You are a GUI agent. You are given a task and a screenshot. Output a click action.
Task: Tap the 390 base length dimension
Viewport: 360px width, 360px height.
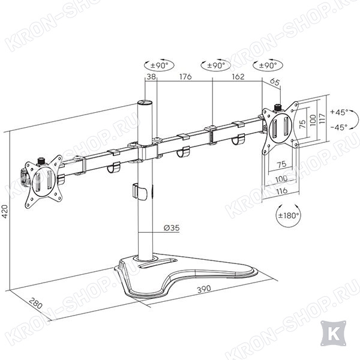[204, 289]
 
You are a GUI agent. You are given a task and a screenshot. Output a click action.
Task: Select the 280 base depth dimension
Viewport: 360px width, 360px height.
[36, 303]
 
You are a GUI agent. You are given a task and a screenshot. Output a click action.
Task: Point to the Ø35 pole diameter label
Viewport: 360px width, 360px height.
[172, 228]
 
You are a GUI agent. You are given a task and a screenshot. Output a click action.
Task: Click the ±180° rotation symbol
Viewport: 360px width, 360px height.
[288, 215]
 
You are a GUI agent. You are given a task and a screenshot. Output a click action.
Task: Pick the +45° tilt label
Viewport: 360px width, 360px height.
[339, 112]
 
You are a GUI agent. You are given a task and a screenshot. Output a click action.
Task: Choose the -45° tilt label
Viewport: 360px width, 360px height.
[339, 127]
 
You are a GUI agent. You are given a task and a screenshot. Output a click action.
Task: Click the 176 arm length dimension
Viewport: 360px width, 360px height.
[185, 76]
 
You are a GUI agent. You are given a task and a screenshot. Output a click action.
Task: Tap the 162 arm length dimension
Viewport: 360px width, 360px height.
[238, 76]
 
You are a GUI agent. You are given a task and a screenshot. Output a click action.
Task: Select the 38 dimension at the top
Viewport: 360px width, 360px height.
[151, 76]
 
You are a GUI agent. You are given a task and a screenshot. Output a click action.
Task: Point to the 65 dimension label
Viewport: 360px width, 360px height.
[275, 82]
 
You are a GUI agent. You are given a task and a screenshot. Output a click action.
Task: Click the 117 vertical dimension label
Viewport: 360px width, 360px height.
[322, 119]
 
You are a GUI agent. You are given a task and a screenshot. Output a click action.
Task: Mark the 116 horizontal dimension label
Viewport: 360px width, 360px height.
[282, 191]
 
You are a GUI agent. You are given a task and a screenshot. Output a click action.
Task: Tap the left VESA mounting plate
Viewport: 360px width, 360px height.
[43, 181]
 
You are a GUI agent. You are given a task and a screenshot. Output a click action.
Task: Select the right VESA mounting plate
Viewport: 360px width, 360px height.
[280, 128]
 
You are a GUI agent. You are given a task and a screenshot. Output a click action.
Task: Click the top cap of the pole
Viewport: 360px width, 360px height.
[145, 102]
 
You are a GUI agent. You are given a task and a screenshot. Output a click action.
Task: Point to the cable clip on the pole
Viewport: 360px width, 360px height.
[139, 192]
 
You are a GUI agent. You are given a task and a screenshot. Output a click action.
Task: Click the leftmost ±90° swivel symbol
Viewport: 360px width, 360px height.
[159, 65]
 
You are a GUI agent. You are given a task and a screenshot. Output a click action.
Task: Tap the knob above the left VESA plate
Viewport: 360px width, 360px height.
[41, 161]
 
